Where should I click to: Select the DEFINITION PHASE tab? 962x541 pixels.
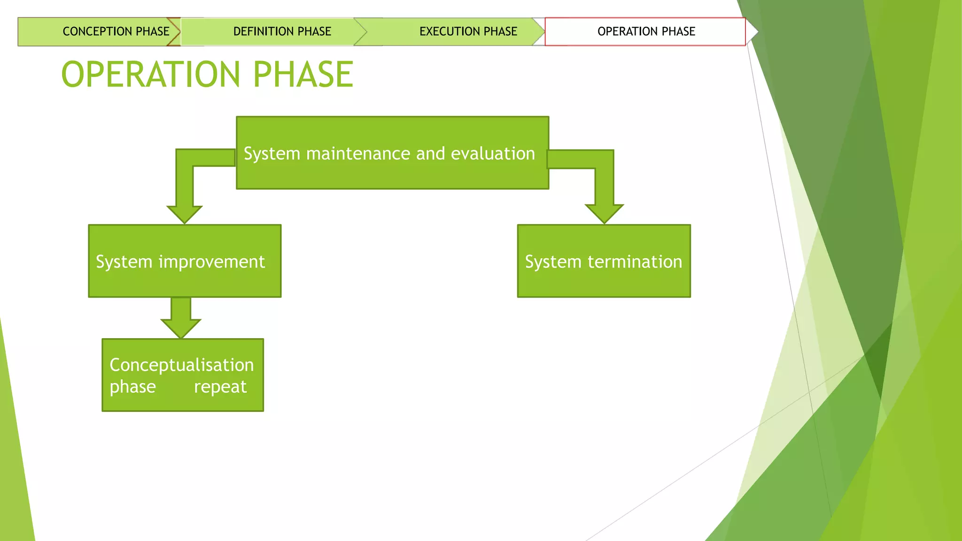click(x=282, y=31)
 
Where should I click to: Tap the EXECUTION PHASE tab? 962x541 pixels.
click(x=468, y=31)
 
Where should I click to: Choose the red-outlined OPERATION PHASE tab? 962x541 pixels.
click(x=646, y=31)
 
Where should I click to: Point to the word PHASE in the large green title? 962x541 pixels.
click(x=303, y=75)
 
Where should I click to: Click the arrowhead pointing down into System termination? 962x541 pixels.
click(x=604, y=214)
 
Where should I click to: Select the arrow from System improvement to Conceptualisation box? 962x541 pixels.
click(x=181, y=318)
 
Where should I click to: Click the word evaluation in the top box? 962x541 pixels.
click(x=493, y=154)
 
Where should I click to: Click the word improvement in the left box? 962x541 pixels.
click(x=212, y=262)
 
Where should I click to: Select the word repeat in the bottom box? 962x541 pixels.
click(x=220, y=387)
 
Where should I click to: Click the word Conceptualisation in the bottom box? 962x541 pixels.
click(x=182, y=365)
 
